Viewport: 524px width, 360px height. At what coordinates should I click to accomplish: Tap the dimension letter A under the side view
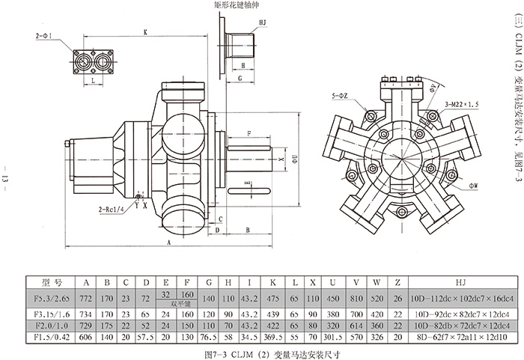[170, 244]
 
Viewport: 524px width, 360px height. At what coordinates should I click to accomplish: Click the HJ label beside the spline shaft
[262, 23]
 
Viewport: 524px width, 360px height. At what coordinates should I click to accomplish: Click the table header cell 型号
[53, 283]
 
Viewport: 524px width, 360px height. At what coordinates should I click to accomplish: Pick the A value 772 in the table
[85, 297]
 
